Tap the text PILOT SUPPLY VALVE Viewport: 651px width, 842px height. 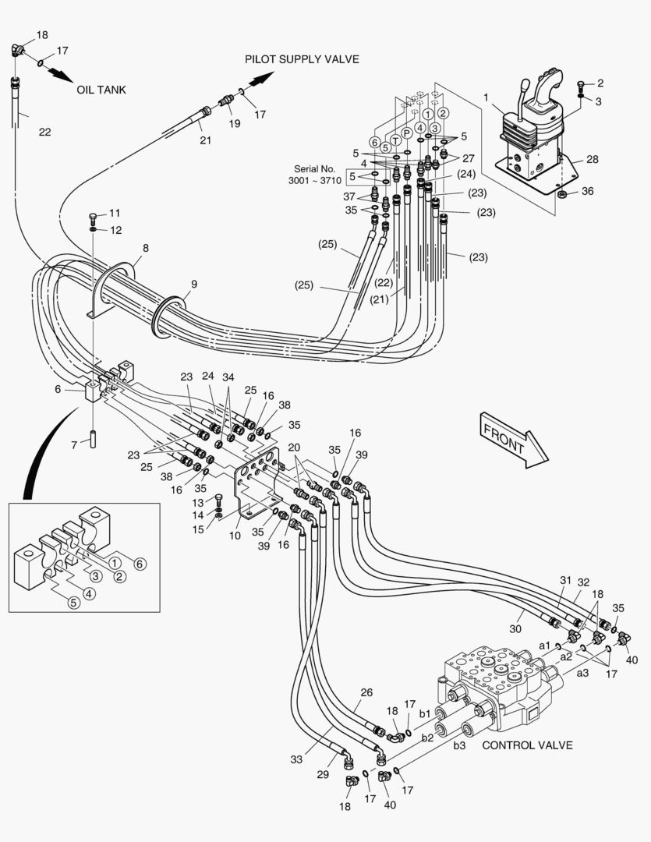tap(302, 59)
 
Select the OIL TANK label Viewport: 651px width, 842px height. tap(101, 90)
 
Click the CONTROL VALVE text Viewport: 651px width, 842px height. tap(527, 745)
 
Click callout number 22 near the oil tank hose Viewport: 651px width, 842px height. tap(45, 132)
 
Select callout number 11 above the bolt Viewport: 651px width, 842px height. tap(115, 213)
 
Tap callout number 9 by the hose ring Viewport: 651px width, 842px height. tap(193, 284)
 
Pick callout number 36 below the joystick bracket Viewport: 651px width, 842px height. tap(587, 192)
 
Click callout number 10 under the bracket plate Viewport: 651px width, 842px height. tap(235, 536)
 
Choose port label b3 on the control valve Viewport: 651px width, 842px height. tap(460, 745)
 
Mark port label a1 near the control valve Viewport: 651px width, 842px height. tap(544, 646)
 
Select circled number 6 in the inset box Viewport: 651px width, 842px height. tap(140, 564)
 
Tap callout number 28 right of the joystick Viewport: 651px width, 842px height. tap(593, 159)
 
